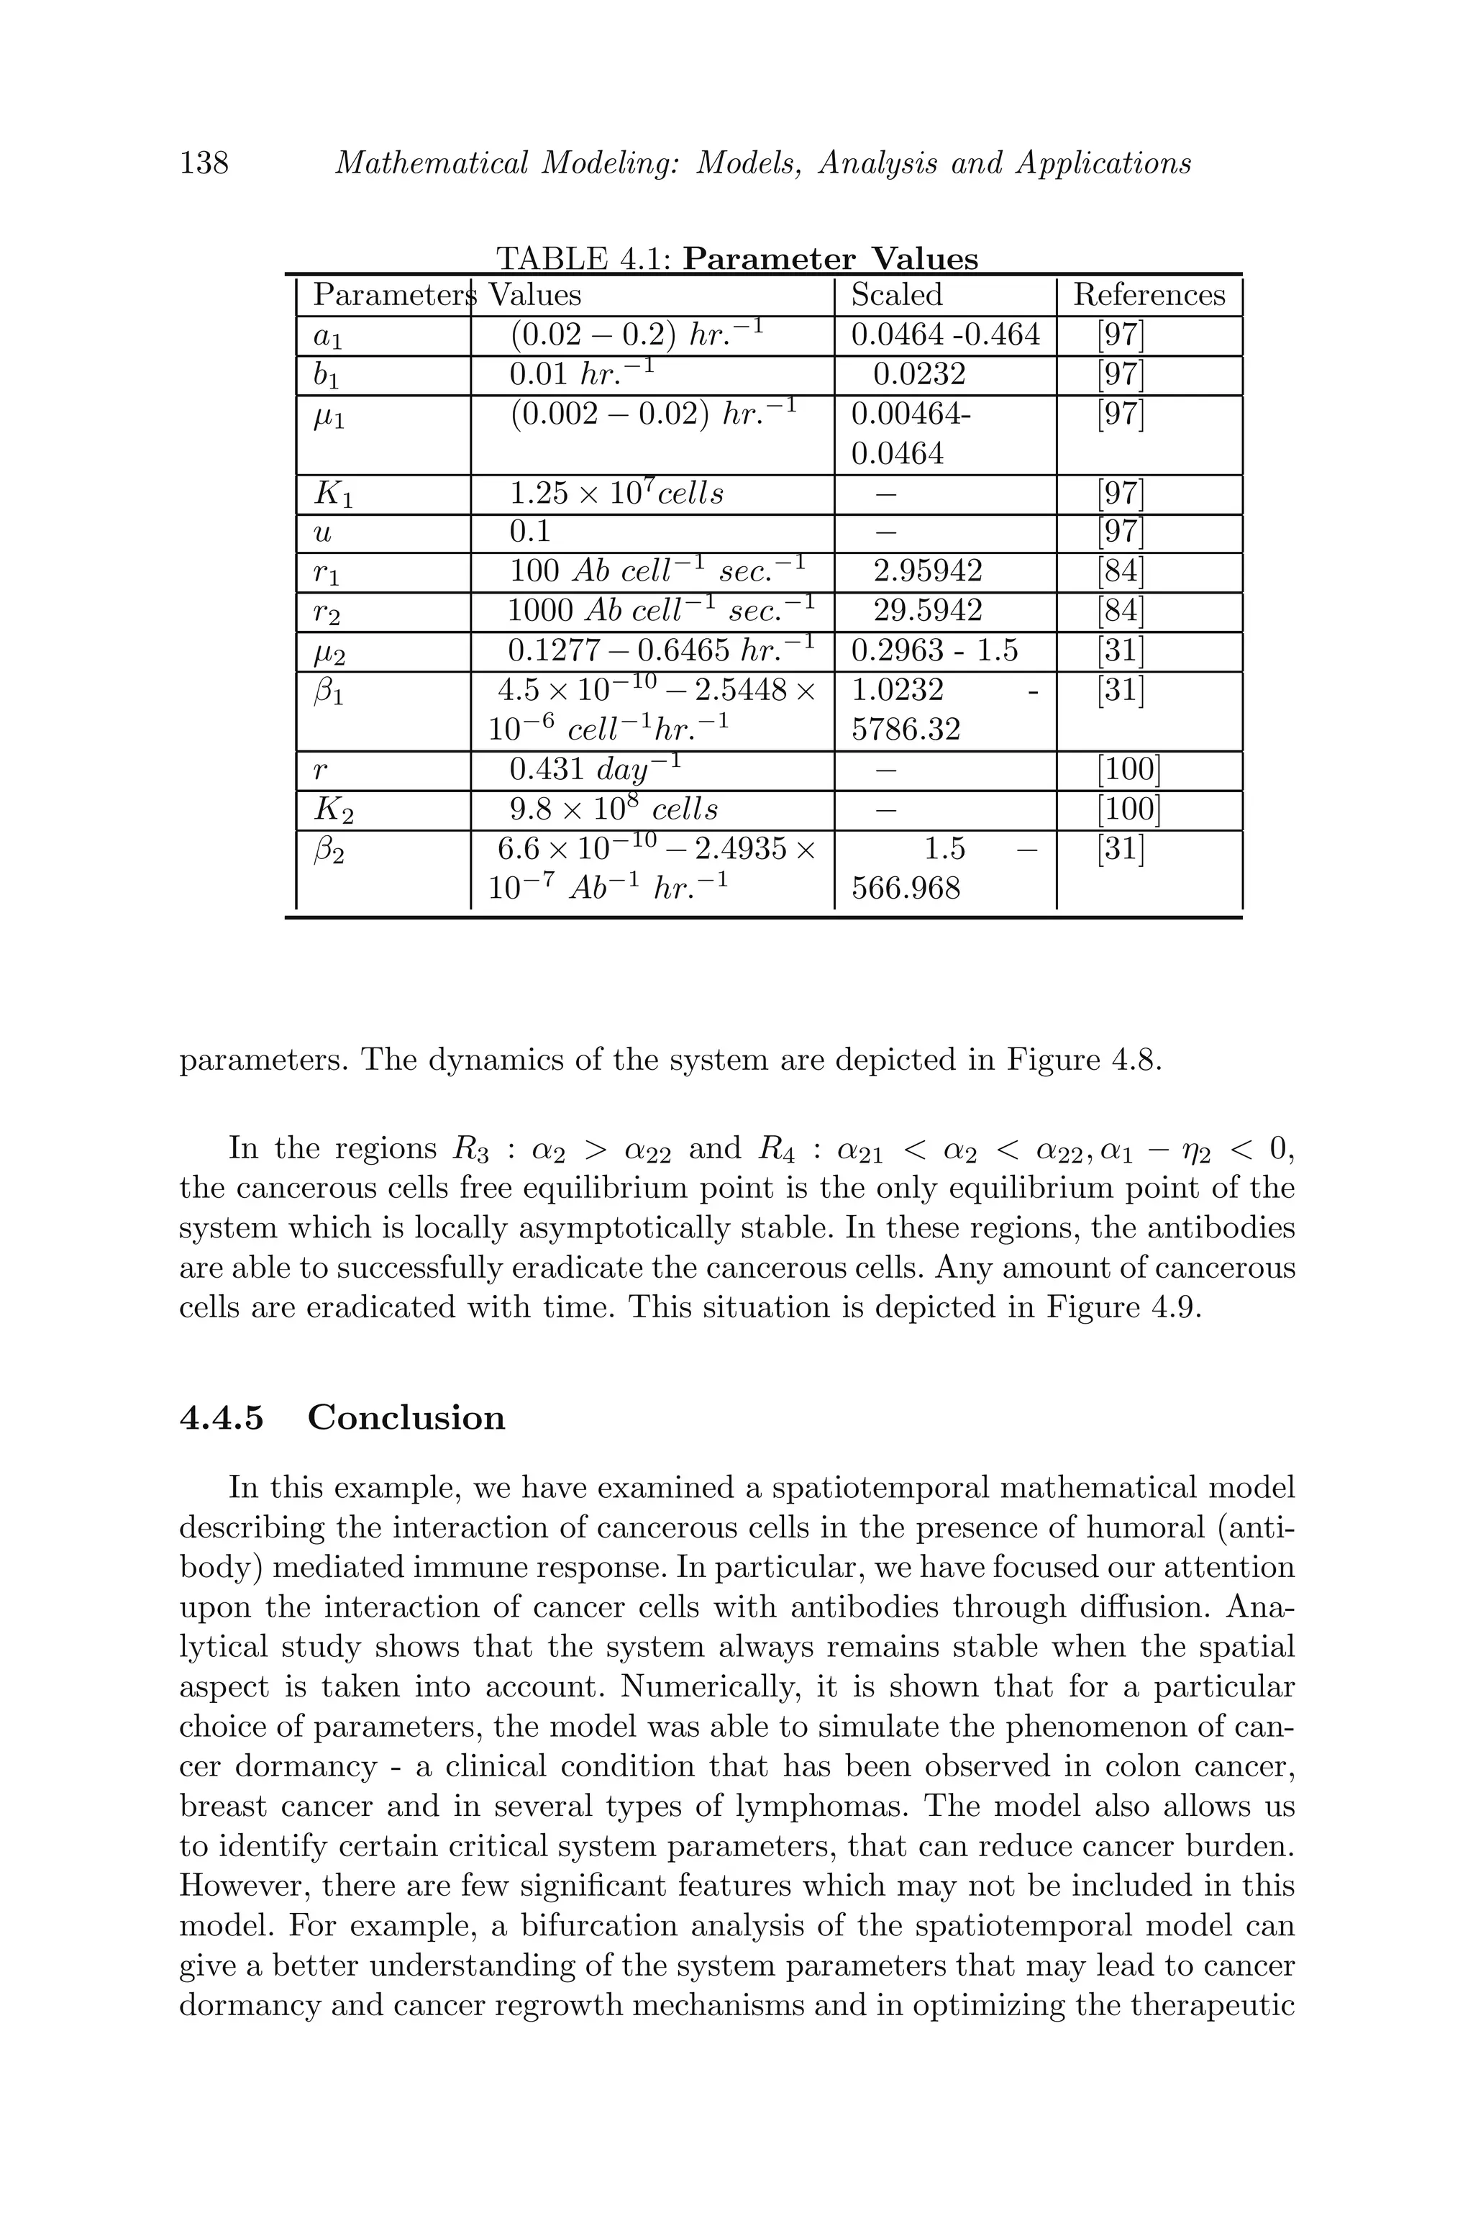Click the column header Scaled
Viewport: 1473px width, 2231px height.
click(896, 295)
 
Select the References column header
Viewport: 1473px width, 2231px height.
click(1148, 295)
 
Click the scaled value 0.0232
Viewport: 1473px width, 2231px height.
click(918, 375)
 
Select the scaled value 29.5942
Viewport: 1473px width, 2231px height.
click(927, 611)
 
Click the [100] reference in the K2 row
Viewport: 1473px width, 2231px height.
click(1128, 809)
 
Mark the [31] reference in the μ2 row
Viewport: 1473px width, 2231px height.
click(1120, 650)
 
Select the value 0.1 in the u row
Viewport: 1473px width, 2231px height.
click(529, 533)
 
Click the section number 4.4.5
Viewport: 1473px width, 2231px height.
click(221, 1417)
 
